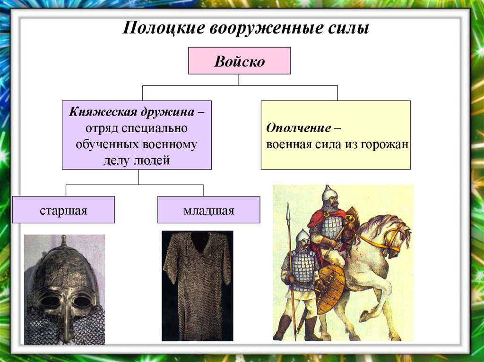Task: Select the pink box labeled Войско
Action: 239,61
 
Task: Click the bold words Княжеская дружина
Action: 131,113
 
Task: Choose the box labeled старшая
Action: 63,210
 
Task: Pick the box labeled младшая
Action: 208,210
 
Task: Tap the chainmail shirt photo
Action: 197,285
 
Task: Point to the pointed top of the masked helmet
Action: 63,241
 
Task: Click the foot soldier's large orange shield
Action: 330,288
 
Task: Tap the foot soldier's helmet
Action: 302,236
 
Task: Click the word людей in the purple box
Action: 153,160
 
